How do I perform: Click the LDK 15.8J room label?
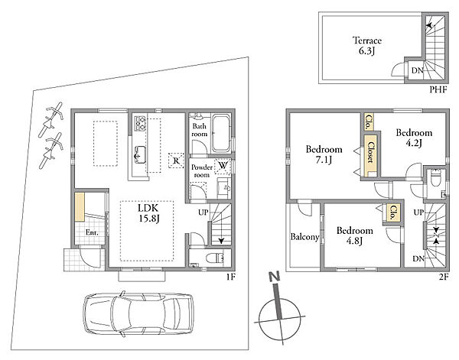click(x=148, y=213)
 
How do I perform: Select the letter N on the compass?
click(x=275, y=277)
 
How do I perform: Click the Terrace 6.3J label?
click(x=366, y=45)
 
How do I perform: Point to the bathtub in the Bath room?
click(x=221, y=133)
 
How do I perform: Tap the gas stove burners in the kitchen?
click(x=140, y=124)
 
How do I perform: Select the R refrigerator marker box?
click(x=176, y=161)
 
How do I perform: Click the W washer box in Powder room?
click(x=223, y=166)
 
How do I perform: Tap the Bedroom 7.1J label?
click(x=324, y=154)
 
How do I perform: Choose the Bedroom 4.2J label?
click(x=414, y=138)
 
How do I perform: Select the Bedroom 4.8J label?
click(x=355, y=235)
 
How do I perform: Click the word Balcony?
click(x=304, y=237)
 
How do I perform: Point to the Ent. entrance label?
click(x=92, y=233)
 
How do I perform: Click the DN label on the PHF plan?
click(x=418, y=70)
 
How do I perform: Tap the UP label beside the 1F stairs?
click(x=203, y=212)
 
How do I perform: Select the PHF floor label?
click(x=438, y=89)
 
